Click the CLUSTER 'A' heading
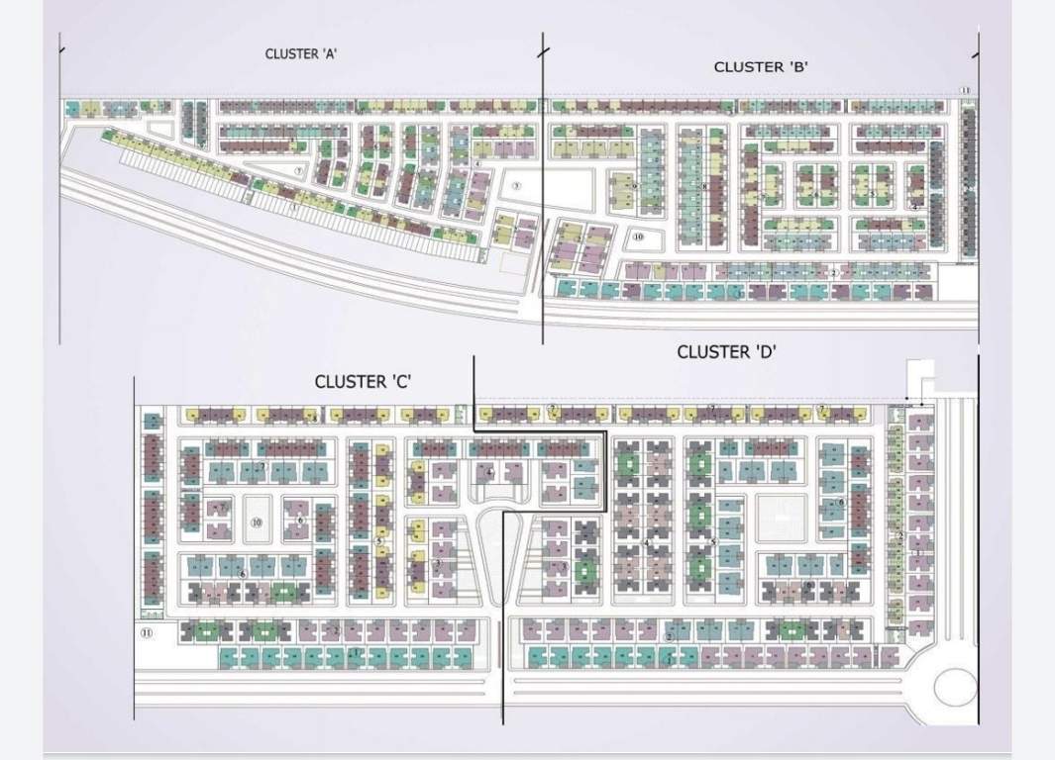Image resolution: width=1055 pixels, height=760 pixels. pos(302,54)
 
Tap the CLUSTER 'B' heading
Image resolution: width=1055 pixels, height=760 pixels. pos(762,67)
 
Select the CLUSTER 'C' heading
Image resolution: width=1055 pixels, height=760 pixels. pos(363,381)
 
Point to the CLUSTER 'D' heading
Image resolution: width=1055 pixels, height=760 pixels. pos(725,351)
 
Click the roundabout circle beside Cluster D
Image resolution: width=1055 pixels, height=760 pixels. pos(955,687)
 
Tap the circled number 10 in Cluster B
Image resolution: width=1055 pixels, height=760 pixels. pos(638,237)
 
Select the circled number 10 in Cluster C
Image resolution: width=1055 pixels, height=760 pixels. pos(257,522)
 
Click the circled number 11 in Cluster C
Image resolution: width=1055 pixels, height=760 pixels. pos(147,633)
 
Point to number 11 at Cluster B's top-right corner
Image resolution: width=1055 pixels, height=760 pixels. pos(964,91)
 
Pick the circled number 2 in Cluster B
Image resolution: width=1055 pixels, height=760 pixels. pos(834,271)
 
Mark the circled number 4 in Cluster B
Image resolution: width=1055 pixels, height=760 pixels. pos(916,207)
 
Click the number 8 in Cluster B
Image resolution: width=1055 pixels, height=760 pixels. pos(704,185)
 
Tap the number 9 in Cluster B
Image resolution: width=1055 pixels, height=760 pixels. pos(634,185)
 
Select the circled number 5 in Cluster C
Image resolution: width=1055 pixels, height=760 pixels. pos(379,541)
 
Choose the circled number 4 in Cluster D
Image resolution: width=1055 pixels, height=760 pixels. pos(647,542)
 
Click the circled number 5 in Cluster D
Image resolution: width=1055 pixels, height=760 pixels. pos(713,542)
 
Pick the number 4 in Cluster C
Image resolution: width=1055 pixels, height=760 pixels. pos(490,473)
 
